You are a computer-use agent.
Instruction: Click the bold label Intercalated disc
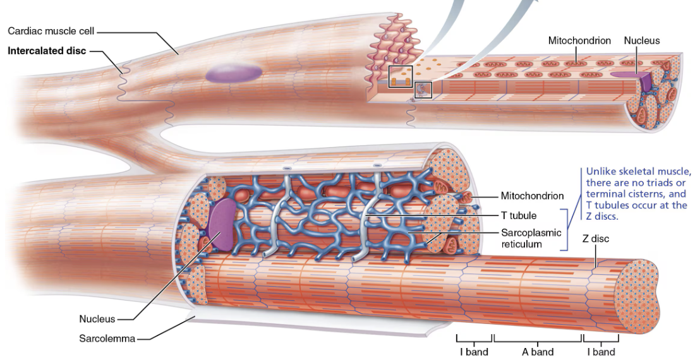(47, 51)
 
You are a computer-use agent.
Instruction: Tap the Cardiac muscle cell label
(51, 30)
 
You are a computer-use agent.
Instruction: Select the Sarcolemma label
(107, 339)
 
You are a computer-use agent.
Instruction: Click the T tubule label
(519, 215)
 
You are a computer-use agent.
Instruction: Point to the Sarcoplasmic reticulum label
(531, 238)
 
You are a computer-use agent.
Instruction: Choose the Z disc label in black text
(595, 239)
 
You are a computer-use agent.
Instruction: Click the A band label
(538, 352)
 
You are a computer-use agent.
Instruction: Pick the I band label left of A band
(473, 352)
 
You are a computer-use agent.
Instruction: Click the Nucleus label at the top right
(641, 40)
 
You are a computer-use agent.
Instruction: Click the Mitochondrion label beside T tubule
(532, 196)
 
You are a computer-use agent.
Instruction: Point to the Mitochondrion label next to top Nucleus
(579, 40)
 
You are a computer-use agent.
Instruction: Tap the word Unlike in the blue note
(600, 171)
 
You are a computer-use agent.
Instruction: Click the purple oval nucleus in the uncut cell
(233, 73)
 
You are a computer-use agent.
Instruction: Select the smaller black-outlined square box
(423, 90)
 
